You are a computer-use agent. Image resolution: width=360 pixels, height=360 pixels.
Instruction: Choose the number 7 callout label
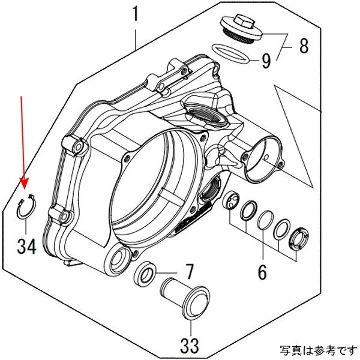(x=188, y=272)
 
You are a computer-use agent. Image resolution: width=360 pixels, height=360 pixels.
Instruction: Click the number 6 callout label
(x=262, y=272)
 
